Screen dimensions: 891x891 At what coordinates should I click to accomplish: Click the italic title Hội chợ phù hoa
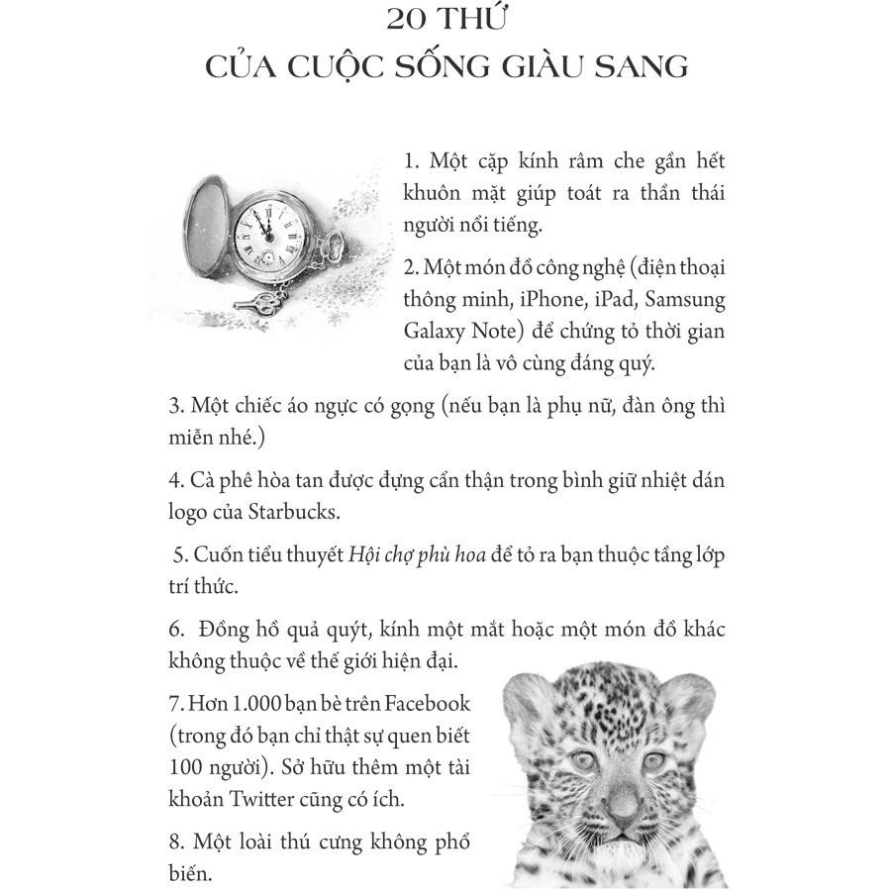coord(417,554)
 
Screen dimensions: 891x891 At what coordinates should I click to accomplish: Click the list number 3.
coord(176,406)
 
